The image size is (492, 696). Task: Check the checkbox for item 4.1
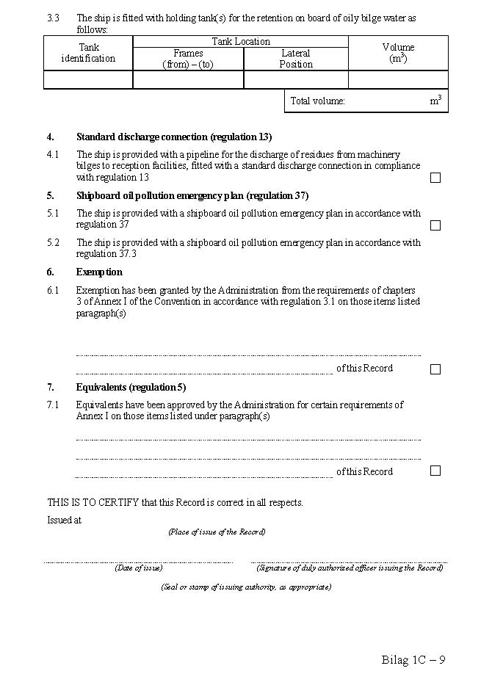coord(435,178)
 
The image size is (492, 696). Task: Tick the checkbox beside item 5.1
coord(435,225)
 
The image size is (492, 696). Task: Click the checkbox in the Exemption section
coord(435,369)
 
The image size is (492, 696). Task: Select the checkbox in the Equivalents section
coord(435,471)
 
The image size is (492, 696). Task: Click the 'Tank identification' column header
coord(88,53)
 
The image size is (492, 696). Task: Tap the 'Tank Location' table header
coord(241,42)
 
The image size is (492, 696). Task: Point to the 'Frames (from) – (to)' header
coord(188,59)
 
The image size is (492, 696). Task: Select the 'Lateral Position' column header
coord(296,59)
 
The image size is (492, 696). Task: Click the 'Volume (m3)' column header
coord(398,53)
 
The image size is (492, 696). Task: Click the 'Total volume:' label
coord(317,101)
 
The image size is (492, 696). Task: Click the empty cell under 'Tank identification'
coord(88,80)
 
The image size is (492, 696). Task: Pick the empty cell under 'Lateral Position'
coord(296,80)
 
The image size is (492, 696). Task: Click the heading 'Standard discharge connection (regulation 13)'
coord(174,137)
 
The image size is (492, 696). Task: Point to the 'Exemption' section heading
coord(99,272)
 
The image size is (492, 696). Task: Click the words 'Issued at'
coord(65,520)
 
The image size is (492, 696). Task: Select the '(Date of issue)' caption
coord(138,568)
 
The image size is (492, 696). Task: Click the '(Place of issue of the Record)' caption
coord(217,532)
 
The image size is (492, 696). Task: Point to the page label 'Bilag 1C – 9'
coord(413,659)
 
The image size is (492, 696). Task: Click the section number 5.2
coord(53,243)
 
